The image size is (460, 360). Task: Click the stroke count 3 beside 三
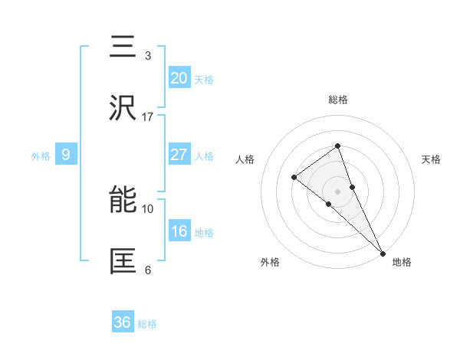[148, 55]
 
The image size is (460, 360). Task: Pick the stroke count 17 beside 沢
[148, 116]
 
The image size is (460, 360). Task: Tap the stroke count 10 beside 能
[148, 208]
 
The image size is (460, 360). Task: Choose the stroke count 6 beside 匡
[148, 270]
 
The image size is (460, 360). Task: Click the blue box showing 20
[179, 78]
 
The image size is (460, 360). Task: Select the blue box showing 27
[179, 155]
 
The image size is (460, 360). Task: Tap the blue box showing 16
[179, 231]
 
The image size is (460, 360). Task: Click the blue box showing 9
[66, 155]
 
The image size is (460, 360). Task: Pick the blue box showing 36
[123, 322]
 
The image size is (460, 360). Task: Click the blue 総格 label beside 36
[147, 324]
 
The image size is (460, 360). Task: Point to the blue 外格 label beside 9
[41, 156]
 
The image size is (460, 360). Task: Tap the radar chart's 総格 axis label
[337, 100]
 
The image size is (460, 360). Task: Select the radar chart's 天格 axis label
[431, 159]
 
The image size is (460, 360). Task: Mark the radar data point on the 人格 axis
[294, 178]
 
